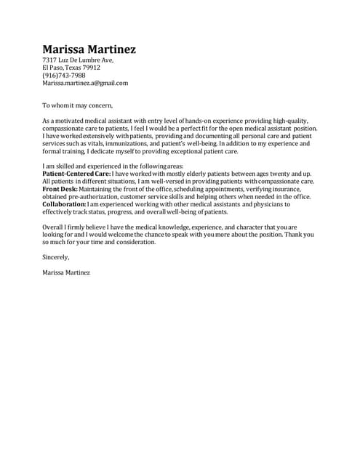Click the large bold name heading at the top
(x=89, y=49)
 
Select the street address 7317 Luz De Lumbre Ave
(x=78, y=60)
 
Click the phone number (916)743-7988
(x=64, y=75)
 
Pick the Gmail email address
(x=85, y=83)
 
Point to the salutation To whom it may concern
(x=77, y=105)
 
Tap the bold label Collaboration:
(x=65, y=205)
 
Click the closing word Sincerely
(x=56, y=257)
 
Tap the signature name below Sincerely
(x=66, y=272)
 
